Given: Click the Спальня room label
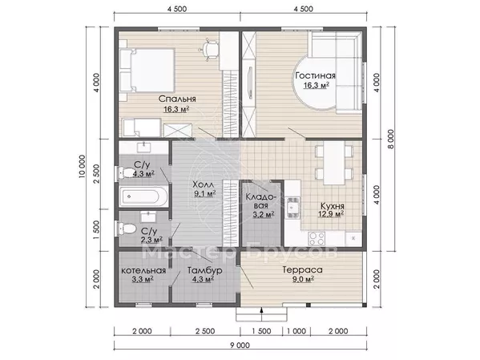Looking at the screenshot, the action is [x=177, y=99].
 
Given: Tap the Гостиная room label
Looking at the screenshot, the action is [x=315, y=75].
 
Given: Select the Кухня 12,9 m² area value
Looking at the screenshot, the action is [x=331, y=214].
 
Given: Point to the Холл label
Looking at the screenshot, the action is [x=204, y=184].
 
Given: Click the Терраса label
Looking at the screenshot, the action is [x=302, y=270].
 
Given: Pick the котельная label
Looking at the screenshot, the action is [x=143, y=271].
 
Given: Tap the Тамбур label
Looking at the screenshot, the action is [x=205, y=270].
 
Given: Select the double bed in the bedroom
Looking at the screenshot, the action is [x=147, y=71].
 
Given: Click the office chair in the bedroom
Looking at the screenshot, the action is [x=210, y=49].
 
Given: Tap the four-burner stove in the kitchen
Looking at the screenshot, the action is [x=317, y=239].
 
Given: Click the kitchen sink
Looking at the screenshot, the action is [x=293, y=208].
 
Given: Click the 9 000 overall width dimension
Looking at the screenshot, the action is [x=240, y=346].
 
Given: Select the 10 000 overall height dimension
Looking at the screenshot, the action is [x=82, y=167].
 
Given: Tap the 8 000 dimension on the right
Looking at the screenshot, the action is [x=390, y=139].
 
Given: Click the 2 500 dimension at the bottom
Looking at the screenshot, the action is [x=205, y=331].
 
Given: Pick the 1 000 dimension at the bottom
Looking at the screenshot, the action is [x=296, y=331].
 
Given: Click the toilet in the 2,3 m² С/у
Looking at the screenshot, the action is [x=127, y=229].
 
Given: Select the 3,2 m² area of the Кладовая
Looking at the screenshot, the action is [x=264, y=215].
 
